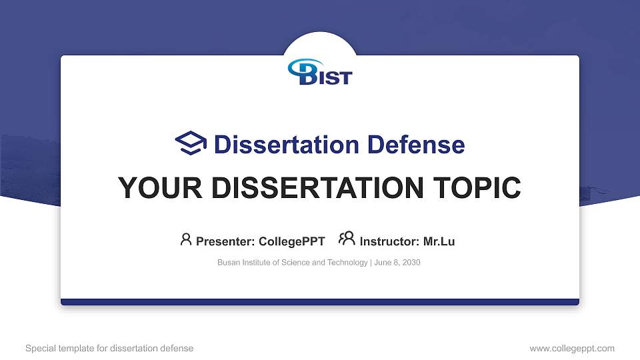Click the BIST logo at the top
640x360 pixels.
coord(320,71)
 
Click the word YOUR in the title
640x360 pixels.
coord(153,188)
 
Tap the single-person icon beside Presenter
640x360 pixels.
coord(186,239)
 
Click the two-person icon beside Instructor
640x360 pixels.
coord(347,239)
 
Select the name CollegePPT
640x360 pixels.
coord(291,241)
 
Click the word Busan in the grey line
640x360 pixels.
coord(228,263)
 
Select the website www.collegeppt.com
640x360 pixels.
coord(572,348)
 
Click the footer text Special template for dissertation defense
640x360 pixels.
coord(109,348)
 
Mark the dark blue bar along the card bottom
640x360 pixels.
coord(320,302)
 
